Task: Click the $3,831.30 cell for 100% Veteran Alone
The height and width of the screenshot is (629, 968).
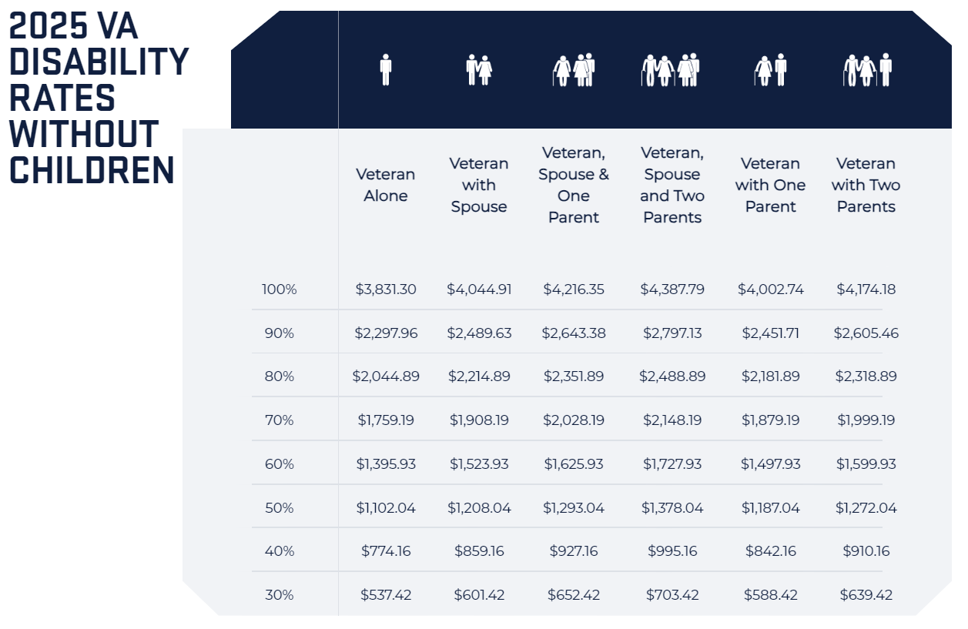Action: pos(386,289)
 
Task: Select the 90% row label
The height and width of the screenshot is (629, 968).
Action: pos(279,333)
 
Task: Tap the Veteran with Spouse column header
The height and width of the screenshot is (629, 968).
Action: pos(479,185)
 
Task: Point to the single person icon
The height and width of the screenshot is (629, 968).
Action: pos(386,70)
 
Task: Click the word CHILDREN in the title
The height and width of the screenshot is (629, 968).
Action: pos(92,169)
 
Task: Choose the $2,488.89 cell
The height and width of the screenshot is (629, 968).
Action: pos(672,376)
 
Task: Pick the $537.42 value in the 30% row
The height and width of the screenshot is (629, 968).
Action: pos(386,595)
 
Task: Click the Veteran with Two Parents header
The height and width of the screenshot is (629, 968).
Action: pos(866,185)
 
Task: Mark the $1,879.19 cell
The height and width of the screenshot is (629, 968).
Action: pos(770,420)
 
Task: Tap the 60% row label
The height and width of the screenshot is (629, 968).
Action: pos(279,464)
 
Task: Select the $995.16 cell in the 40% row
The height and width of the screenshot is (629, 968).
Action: pos(672,551)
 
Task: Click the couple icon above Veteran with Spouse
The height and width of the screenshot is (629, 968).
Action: pos(479,70)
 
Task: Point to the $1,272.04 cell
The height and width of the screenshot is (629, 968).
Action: pos(866,508)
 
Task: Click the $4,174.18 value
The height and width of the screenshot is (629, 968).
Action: pos(866,289)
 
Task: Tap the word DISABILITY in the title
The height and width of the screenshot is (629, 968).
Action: pos(99,62)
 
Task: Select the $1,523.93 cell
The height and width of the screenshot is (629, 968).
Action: pos(479,464)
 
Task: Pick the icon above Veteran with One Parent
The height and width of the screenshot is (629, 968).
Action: pos(770,70)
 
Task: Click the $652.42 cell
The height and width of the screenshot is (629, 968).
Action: pos(574,595)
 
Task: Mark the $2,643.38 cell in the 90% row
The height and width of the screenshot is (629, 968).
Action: pos(574,333)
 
